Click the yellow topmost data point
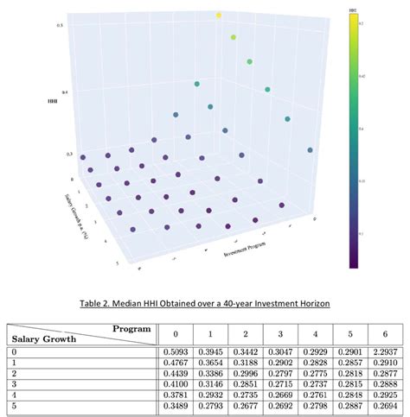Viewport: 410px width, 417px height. pos(219,15)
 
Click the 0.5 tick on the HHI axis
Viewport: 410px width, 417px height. pos(60,25)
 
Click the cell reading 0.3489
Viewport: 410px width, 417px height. pos(176,406)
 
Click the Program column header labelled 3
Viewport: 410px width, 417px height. pos(280,333)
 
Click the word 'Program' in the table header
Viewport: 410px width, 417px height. pos(131,328)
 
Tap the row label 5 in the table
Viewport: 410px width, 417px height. pos(14,406)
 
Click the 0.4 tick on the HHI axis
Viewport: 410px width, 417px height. pos(60,90)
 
